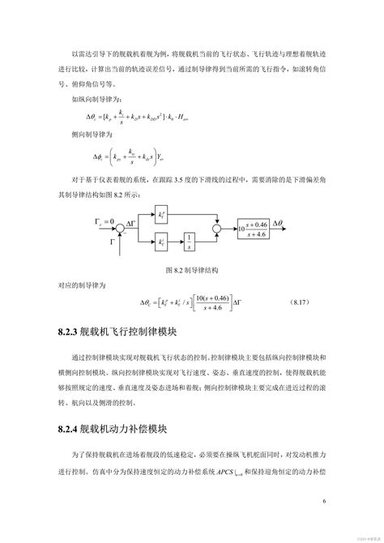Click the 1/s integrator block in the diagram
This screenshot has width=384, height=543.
188,242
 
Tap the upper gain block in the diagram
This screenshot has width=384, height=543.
164,215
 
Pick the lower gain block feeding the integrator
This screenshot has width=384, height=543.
164,242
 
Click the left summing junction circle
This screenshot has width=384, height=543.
120,228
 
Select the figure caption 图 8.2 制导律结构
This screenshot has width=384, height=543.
192,269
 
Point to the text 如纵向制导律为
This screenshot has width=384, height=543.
93,98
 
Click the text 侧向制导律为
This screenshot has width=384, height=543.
88,136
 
